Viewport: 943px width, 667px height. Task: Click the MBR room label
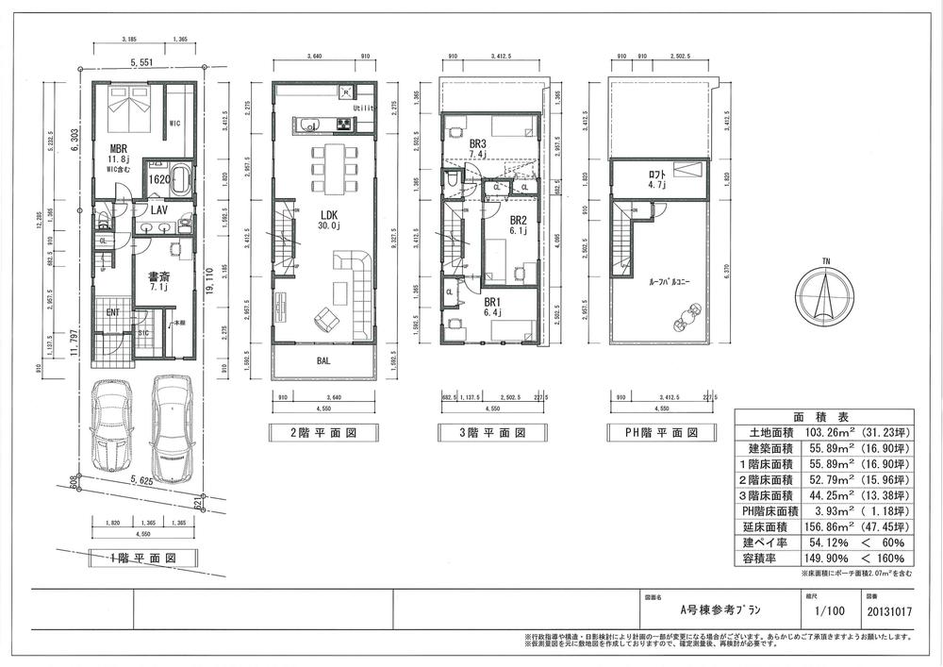coord(119,149)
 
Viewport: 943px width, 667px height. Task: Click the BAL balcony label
coord(323,360)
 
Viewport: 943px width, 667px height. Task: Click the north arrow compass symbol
coord(824,291)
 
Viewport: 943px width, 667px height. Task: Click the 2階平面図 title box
coord(323,433)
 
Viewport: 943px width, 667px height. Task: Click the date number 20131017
coord(887,610)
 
